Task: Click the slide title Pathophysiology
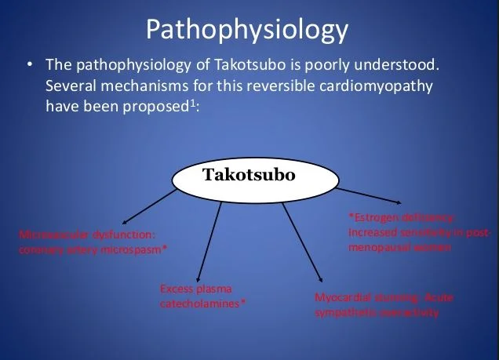pos(247,29)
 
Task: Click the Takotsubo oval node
pos(249,174)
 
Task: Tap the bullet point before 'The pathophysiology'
pos(29,65)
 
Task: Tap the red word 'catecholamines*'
pos(203,303)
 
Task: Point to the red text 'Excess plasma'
pos(197,289)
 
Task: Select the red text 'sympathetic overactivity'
pos(376,312)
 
